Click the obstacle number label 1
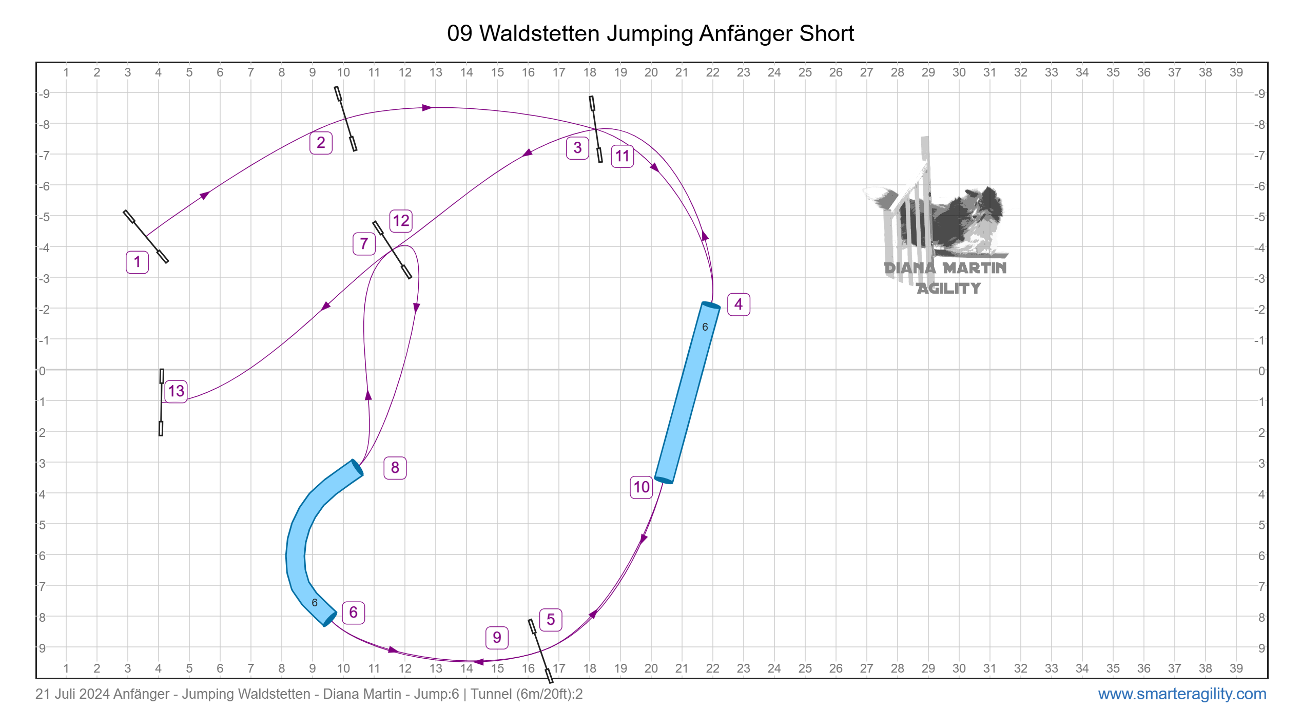coord(137,262)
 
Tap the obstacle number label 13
coord(176,391)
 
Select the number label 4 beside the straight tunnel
coord(739,304)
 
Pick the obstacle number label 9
coord(497,638)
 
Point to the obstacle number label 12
coord(401,221)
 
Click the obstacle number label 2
coord(321,143)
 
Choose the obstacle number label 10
coord(642,487)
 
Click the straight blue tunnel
coord(687,393)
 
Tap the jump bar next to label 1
coord(146,237)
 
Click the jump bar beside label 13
coord(161,402)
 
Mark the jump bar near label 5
coord(540,651)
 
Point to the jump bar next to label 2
coord(345,119)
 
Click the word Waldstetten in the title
coord(539,33)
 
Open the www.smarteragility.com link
coord(1182,694)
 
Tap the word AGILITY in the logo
coord(948,289)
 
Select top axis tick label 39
coord(1236,72)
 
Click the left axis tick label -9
coord(45,93)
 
